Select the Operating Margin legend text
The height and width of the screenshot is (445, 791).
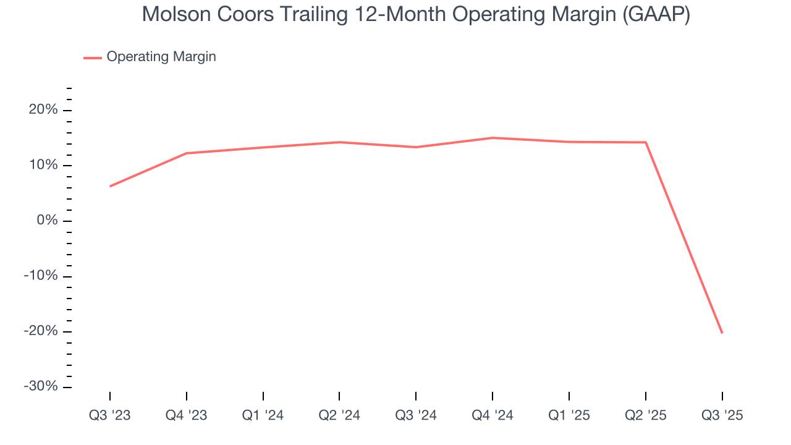(161, 57)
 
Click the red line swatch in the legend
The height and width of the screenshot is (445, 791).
(93, 57)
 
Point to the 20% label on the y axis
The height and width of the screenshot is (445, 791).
(43, 110)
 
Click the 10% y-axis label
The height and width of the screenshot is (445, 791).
(43, 166)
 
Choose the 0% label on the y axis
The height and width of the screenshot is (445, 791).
(47, 221)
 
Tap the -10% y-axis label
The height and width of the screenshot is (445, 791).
(40, 276)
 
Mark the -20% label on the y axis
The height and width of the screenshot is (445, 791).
(40, 331)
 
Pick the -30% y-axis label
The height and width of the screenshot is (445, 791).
(40, 386)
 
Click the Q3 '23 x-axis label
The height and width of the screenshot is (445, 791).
(110, 415)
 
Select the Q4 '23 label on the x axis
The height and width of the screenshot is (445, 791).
(187, 415)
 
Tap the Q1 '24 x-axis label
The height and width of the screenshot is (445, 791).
(263, 415)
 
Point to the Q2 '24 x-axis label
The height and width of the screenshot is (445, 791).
(339, 415)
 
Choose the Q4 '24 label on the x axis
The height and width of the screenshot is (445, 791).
(493, 415)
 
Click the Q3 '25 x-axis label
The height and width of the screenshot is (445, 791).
(722, 415)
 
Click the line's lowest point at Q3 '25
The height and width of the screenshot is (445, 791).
(722, 333)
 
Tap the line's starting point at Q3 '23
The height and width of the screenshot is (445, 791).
(110, 186)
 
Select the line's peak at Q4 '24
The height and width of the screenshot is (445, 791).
(493, 138)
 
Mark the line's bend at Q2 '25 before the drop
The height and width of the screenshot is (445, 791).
(646, 142)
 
